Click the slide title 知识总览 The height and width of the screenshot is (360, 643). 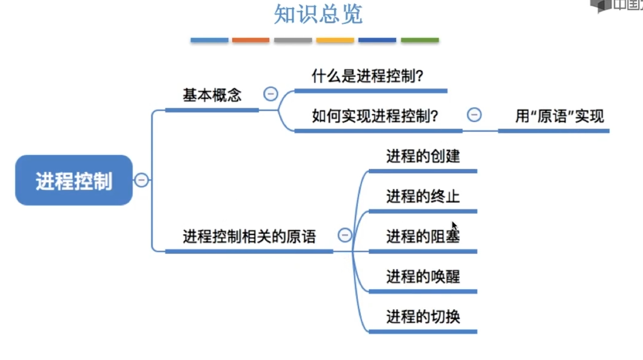(x=318, y=14)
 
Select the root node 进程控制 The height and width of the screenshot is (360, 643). (x=74, y=180)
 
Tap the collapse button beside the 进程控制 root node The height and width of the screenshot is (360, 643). (x=141, y=180)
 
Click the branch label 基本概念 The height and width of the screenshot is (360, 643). (x=212, y=95)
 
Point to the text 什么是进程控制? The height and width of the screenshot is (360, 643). (x=367, y=76)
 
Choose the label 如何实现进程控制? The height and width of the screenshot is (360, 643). (x=375, y=116)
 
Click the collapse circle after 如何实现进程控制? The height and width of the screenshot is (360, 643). (x=474, y=115)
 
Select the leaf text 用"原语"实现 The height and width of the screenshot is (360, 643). (x=559, y=116)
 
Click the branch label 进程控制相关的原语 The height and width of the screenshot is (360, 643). (x=249, y=236)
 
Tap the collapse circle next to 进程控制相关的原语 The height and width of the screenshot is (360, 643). (x=345, y=235)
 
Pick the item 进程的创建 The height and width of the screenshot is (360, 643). (x=423, y=156)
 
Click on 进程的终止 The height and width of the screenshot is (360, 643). (x=423, y=196)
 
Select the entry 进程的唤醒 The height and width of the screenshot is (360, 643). (x=423, y=276)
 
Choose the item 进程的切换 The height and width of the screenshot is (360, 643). (x=423, y=316)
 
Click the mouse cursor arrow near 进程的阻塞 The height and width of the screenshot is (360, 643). (x=454, y=226)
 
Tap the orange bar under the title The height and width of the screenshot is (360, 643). (x=251, y=40)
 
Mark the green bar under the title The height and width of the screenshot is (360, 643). (x=420, y=40)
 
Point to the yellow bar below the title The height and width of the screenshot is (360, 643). (x=335, y=40)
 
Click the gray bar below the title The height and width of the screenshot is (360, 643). (x=293, y=40)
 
